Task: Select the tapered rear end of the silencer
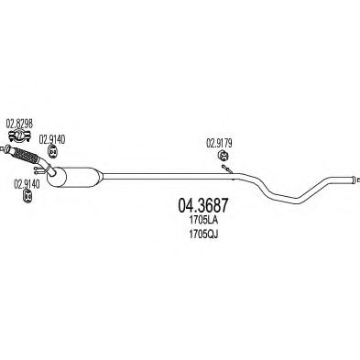click(99, 177)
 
